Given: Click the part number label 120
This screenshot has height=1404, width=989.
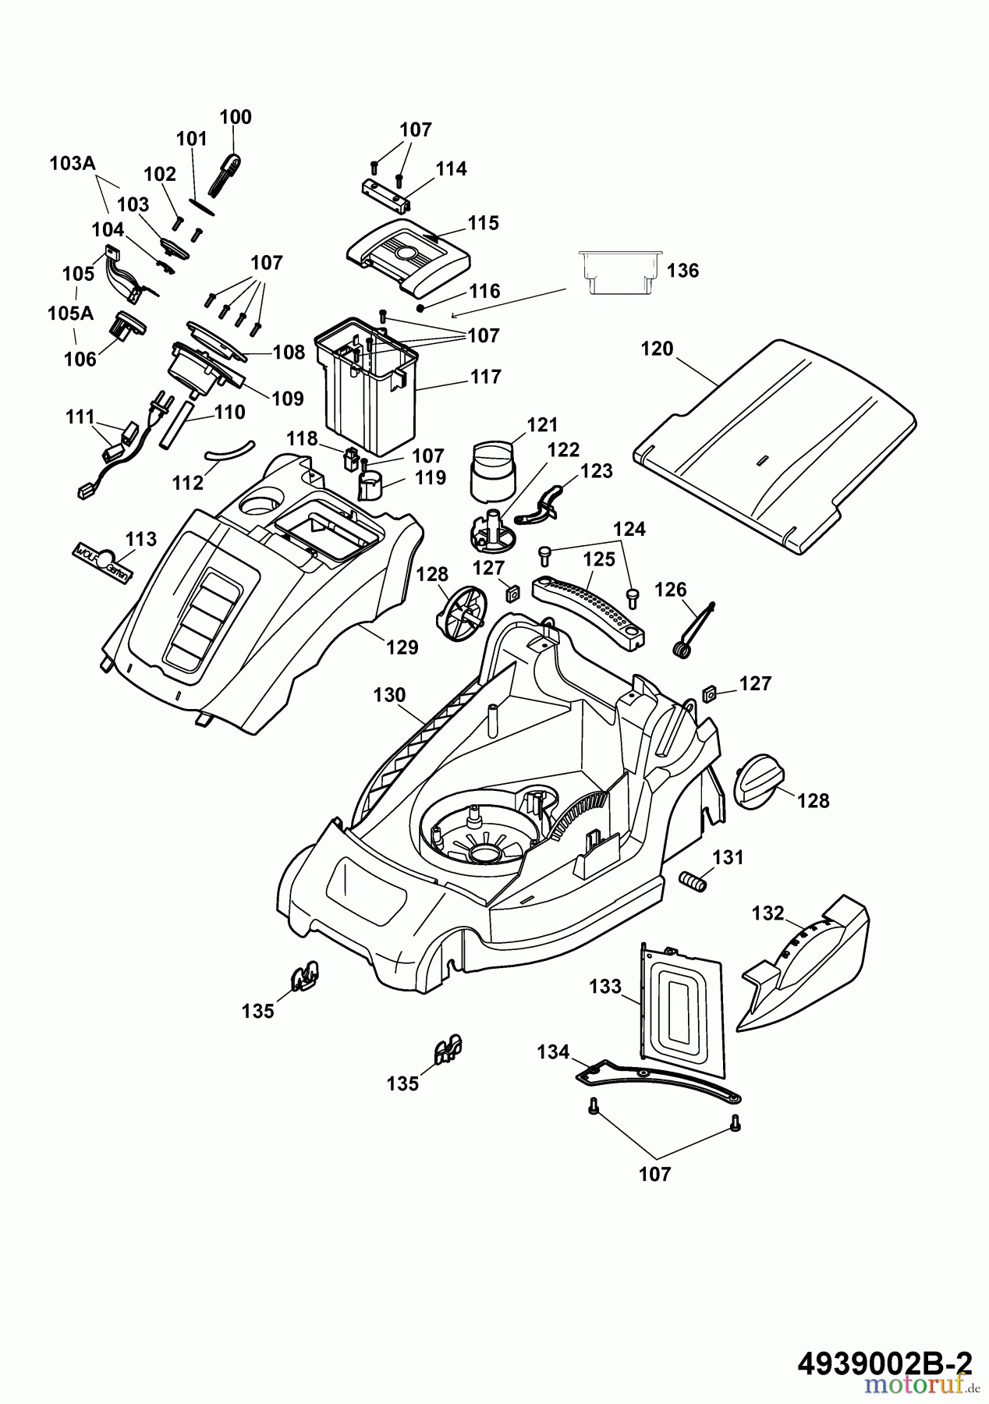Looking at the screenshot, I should click(657, 349).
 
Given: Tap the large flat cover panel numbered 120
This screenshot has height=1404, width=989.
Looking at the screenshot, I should click(772, 445).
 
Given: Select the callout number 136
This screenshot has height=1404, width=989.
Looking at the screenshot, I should click(683, 271).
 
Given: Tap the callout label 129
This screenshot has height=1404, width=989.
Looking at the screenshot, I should click(402, 647).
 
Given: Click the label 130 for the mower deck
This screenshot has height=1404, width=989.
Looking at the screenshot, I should click(389, 695).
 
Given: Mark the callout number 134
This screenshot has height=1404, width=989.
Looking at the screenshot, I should click(553, 1052).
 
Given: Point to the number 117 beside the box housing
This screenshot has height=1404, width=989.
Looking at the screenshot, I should click(485, 377).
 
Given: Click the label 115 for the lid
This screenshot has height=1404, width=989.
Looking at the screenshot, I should click(483, 223).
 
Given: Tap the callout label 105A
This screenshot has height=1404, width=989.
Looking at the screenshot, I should click(70, 314).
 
